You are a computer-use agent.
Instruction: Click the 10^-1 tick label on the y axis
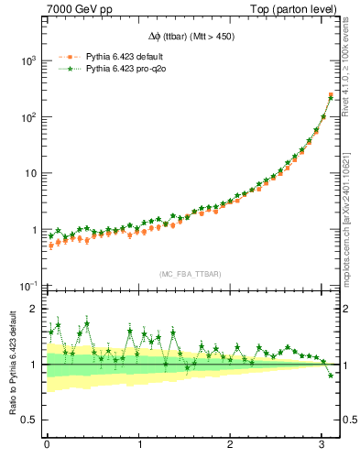(27, 286)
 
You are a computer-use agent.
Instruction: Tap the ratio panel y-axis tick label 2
(36, 309)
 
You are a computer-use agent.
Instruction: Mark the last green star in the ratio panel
(331, 376)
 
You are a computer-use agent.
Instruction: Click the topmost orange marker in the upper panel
(331, 94)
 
